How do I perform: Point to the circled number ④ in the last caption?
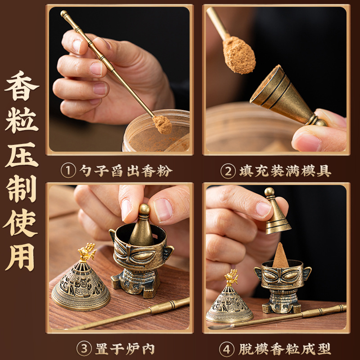point(226,348)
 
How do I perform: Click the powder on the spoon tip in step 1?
point(162,124)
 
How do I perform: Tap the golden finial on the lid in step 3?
point(87,252)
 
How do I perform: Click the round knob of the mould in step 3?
point(144,210)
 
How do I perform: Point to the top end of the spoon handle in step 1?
point(64,14)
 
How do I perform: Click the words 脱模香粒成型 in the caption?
point(284,348)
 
